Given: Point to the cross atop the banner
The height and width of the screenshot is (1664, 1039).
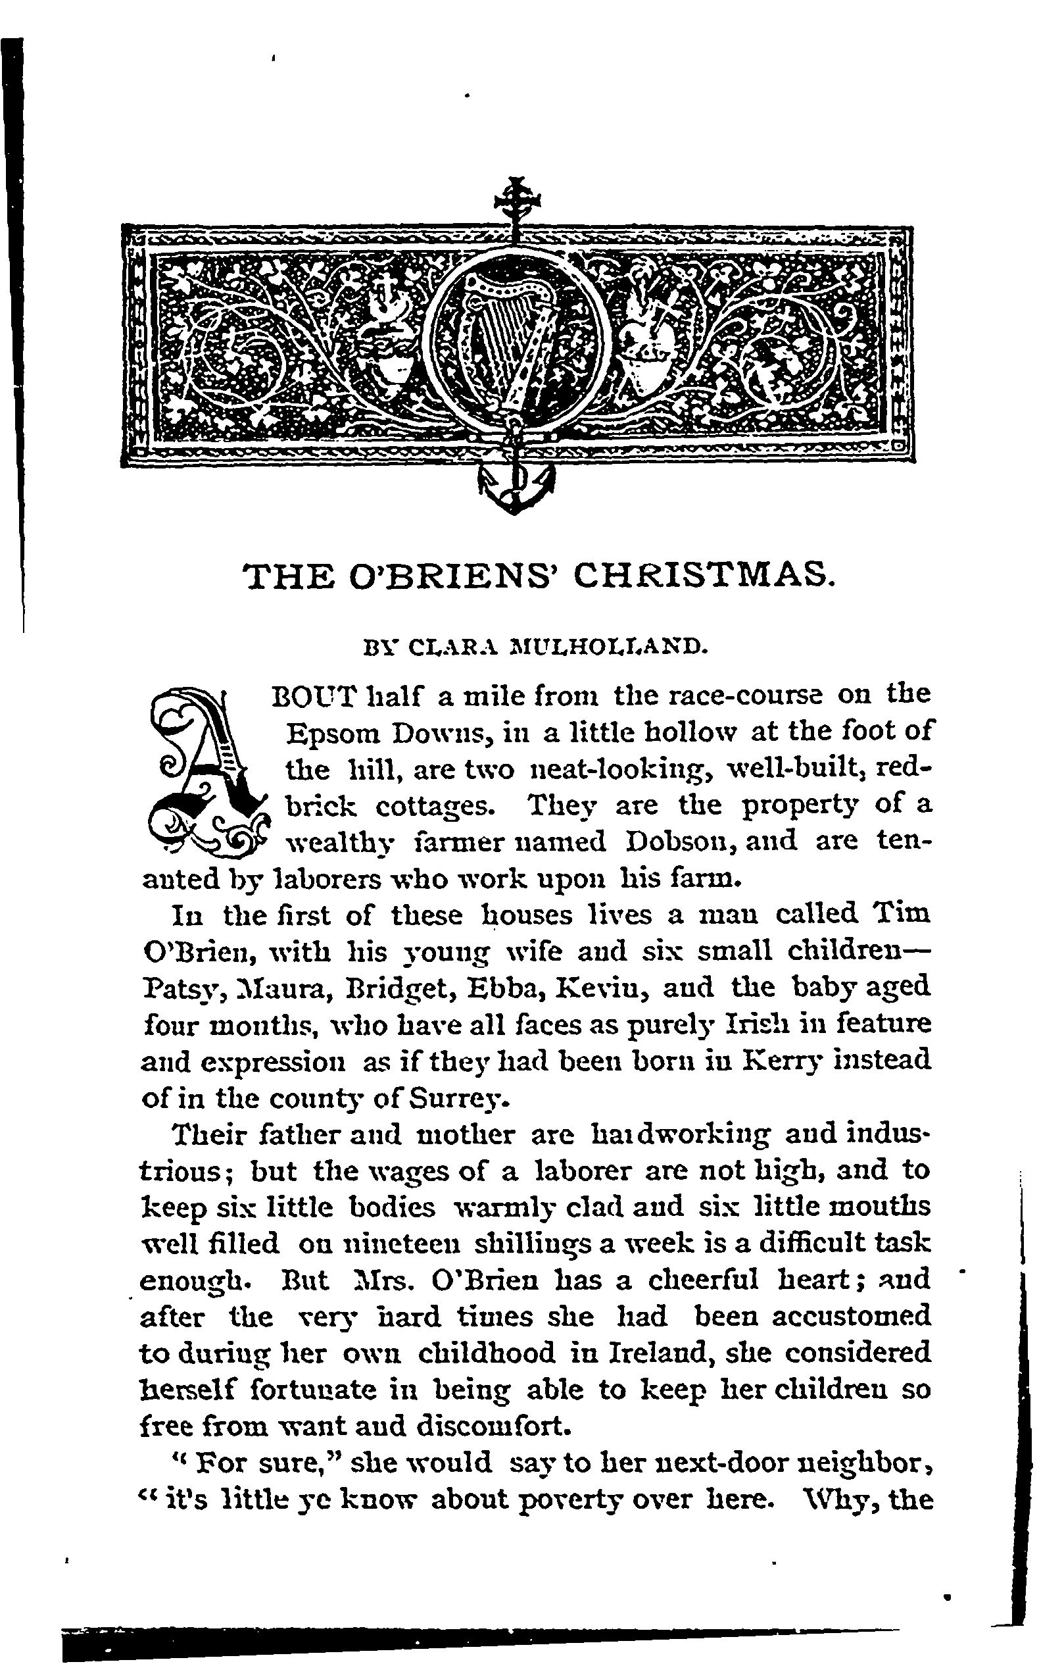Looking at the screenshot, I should [x=515, y=199].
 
